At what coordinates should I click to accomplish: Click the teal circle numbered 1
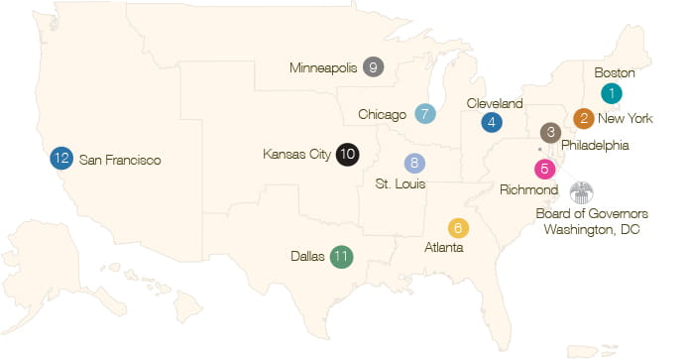tap(612, 93)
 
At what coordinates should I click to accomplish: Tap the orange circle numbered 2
tap(585, 119)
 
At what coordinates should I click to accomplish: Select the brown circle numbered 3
tap(551, 133)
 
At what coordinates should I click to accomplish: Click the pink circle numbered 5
tap(544, 169)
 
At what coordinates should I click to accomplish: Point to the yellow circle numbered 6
tap(457, 227)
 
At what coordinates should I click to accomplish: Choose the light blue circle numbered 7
tap(425, 113)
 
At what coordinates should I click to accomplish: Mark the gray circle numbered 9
tap(374, 67)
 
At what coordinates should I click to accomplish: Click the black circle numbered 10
tap(347, 154)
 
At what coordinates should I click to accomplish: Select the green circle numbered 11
tap(342, 255)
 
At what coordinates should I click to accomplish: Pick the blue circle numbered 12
tap(60, 158)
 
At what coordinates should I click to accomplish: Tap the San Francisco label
tap(120, 159)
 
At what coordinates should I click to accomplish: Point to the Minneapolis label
tap(322, 68)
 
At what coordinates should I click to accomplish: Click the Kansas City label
tap(296, 154)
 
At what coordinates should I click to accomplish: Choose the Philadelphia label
tap(595, 145)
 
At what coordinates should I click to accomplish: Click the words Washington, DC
tap(592, 229)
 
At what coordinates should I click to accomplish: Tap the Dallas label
tap(308, 255)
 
